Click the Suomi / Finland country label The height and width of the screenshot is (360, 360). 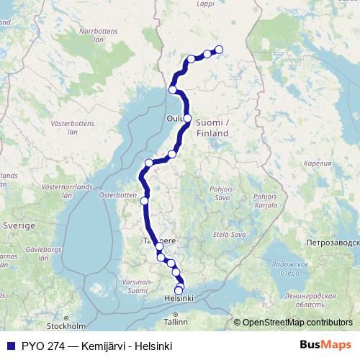pyautogui.click(x=212, y=128)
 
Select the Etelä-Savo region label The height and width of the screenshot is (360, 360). pyautogui.click(x=230, y=235)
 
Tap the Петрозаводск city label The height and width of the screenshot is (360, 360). pyautogui.click(x=333, y=243)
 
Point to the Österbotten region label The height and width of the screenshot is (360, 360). pyautogui.click(x=117, y=194)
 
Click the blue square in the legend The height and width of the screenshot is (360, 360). pyautogui.click(x=9, y=346)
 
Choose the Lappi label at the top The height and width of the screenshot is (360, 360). pyautogui.click(x=206, y=4)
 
